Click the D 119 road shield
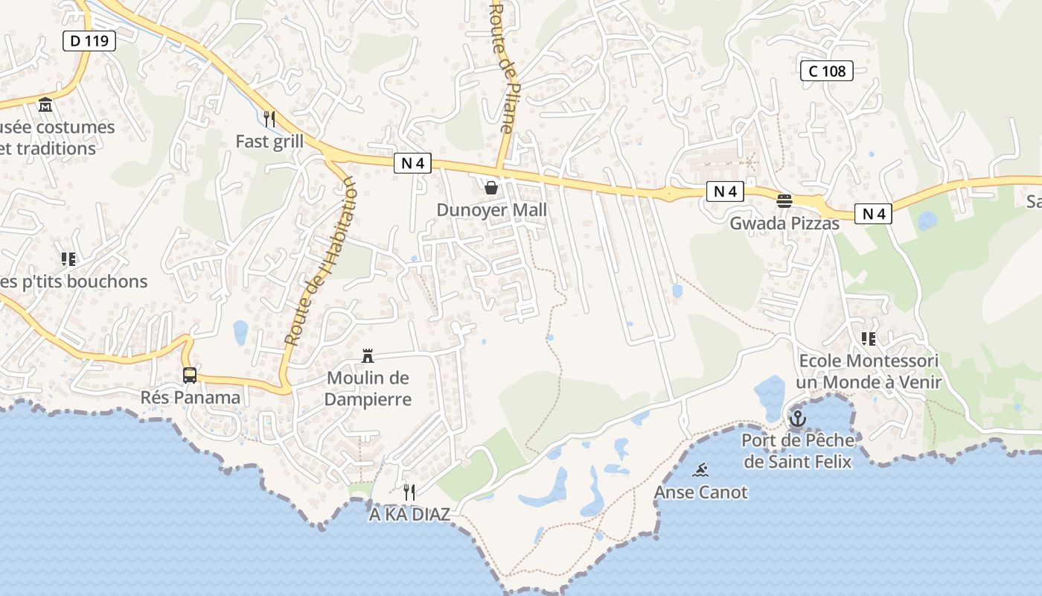(x=89, y=40)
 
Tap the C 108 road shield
(x=826, y=71)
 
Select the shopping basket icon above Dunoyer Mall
(x=491, y=188)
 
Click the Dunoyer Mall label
(x=491, y=210)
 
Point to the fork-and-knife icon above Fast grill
(x=269, y=118)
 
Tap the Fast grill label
(x=269, y=142)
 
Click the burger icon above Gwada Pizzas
(x=784, y=200)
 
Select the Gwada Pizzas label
(x=784, y=223)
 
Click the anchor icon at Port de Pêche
(x=798, y=419)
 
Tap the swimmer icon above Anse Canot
(x=700, y=470)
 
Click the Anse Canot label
(x=700, y=492)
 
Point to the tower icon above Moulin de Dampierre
(x=368, y=355)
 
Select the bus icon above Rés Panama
(x=190, y=375)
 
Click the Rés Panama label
(x=190, y=397)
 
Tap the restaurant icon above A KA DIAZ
(x=409, y=492)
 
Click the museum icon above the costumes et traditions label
(x=45, y=104)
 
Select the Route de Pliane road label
(x=501, y=67)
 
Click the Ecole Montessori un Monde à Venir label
(x=868, y=372)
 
